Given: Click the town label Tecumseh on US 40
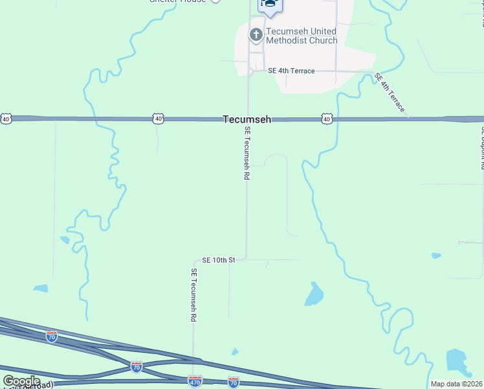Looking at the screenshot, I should pos(247,119).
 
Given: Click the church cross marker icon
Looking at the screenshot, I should pos(256,35).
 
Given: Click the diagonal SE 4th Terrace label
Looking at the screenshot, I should pos(390,93).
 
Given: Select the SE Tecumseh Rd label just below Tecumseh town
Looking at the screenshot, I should pos(247,153).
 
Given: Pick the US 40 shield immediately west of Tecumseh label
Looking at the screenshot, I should pos(159,119).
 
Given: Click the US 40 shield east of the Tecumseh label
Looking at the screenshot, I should pos(326,119).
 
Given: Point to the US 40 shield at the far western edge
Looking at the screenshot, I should pos(6,119).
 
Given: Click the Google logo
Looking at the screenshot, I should pos(21,381).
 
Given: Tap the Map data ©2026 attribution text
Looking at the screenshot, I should pos(456,384).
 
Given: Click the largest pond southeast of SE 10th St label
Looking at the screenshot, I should pos(314,295).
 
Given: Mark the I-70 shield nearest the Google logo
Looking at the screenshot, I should pos(52,336).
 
